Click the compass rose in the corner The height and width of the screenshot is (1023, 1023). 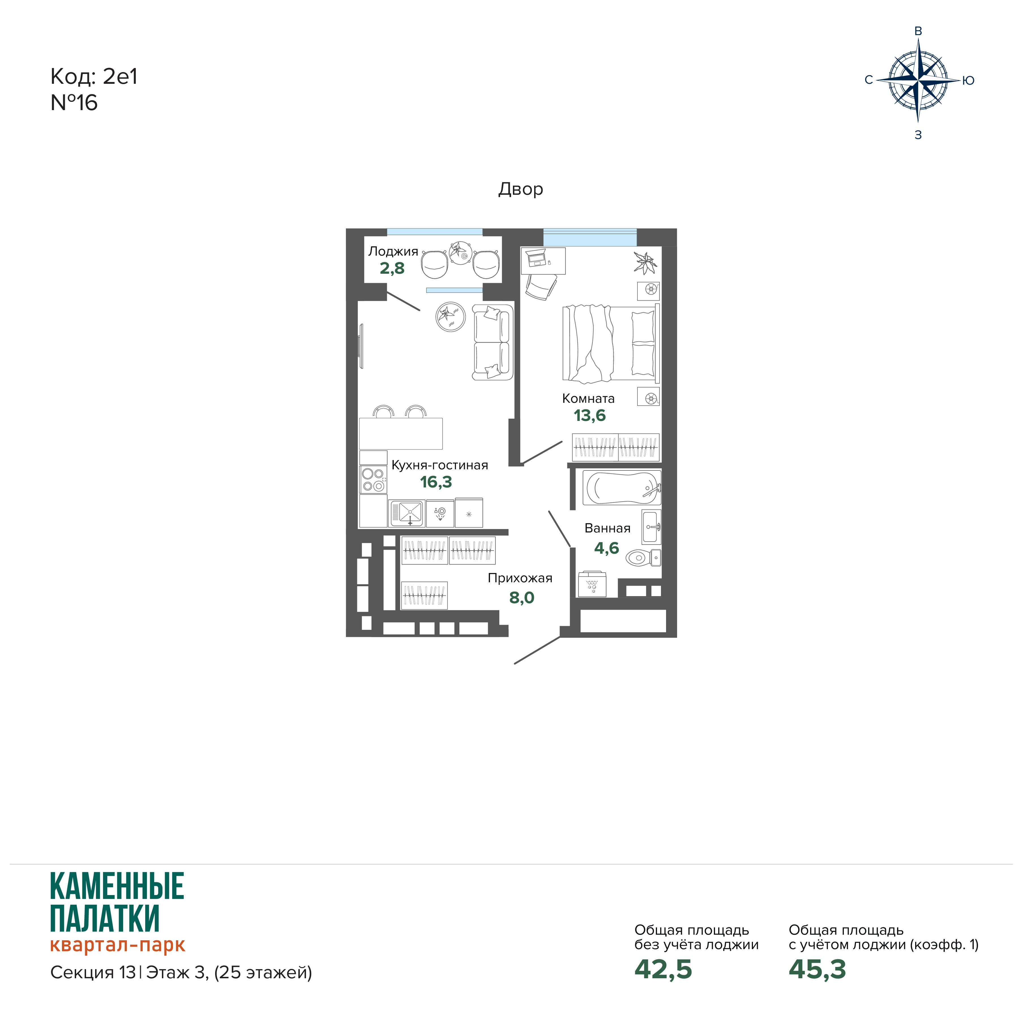918,80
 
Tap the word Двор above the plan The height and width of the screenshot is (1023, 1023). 521,189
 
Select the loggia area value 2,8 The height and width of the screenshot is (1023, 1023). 392,268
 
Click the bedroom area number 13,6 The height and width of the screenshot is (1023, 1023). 589,416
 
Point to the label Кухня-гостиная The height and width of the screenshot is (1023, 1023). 440,465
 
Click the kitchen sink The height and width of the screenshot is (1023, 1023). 407,513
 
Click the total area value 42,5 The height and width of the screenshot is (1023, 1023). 663,970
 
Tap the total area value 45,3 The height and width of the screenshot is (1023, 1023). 817,970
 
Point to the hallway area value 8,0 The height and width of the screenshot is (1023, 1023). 522,598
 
